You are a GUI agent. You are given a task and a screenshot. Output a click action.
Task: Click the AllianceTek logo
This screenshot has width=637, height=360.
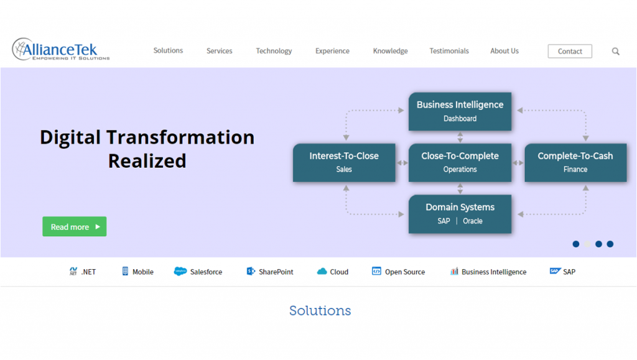60,49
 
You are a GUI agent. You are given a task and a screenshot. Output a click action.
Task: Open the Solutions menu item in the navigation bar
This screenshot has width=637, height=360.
168,51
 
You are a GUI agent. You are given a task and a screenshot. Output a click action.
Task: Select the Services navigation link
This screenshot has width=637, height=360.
219,51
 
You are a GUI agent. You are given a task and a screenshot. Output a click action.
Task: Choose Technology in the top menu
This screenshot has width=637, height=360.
274,51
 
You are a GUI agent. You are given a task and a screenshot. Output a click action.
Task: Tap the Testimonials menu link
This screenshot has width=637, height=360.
449,51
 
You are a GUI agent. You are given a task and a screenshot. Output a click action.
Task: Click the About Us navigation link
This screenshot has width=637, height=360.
504,51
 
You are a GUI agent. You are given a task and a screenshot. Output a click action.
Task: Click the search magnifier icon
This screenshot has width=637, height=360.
615,52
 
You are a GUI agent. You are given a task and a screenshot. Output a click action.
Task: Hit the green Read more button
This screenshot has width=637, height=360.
74,227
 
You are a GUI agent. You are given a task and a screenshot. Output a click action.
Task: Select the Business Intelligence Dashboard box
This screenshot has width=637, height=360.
460,111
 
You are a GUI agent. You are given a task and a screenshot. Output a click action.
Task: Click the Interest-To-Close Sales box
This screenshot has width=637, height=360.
344,162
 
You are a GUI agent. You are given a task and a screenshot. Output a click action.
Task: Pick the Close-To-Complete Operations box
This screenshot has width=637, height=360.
460,162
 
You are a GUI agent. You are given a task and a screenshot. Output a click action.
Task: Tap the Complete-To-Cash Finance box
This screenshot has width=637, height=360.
575,162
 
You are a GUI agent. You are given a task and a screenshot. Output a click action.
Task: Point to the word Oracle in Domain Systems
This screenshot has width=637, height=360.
473,221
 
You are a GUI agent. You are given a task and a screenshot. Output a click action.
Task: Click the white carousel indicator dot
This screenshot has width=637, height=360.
587,244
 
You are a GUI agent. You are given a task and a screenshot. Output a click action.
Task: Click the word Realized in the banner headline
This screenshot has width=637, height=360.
147,161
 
